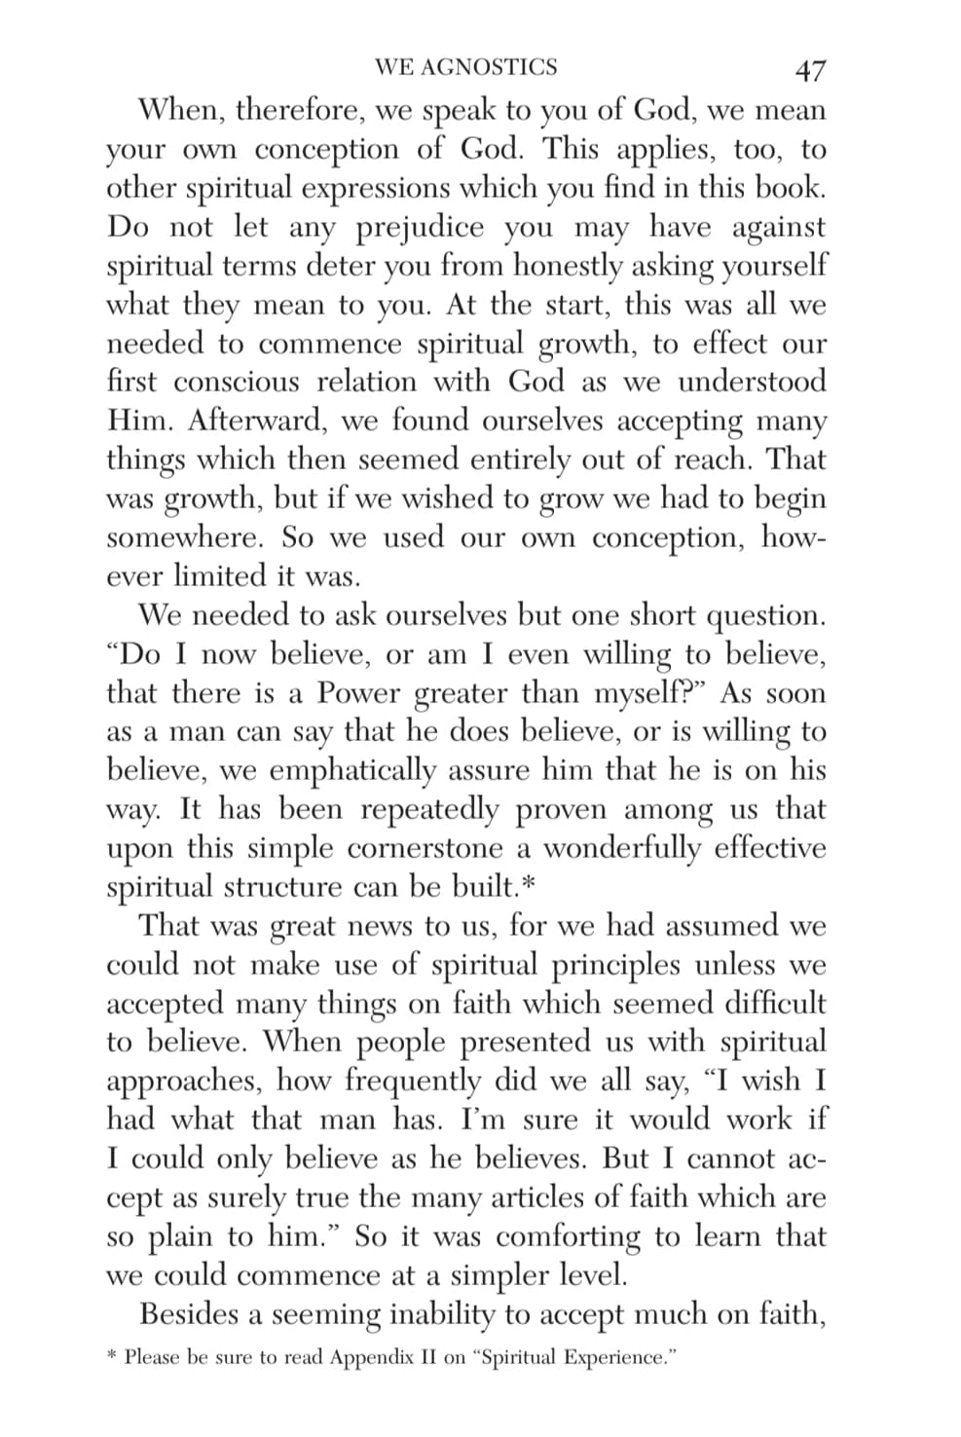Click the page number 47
pos(810,70)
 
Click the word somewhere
pos(184,537)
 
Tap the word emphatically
pos(352,771)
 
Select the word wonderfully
pos(620,848)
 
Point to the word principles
pos(614,965)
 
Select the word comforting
pos(570,1236)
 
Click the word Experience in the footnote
pos(615,1357)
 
